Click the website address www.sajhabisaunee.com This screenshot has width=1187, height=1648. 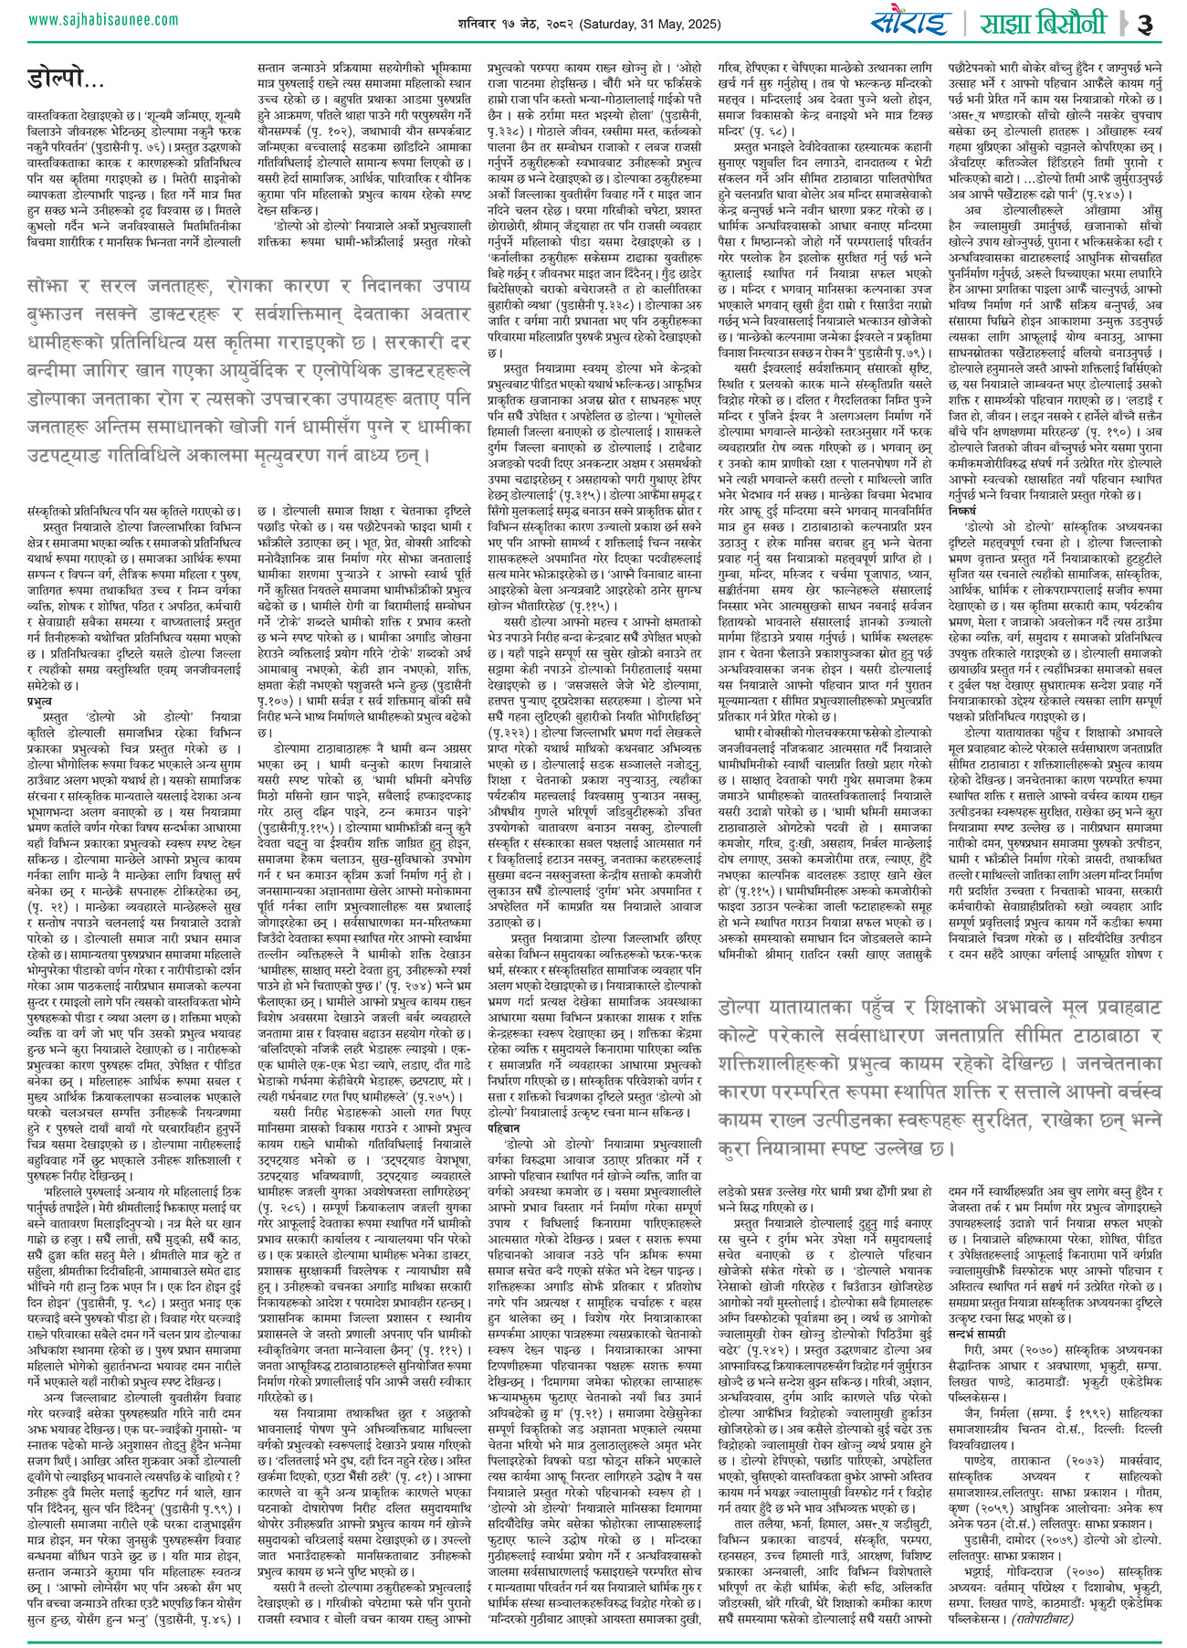point(90,18)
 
